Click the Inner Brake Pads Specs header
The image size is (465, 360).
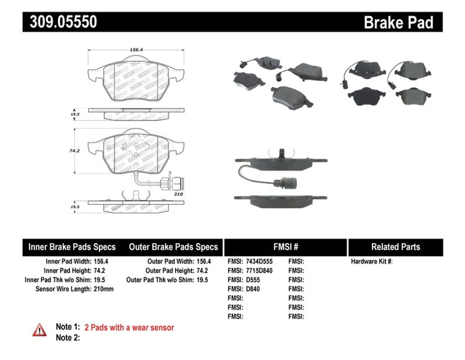[72, 247]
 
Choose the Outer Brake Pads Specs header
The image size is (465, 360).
[173, 247]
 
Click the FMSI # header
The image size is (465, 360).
[285, 247]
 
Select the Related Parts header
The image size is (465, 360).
[395, 247]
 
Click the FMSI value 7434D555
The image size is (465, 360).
[260, 261]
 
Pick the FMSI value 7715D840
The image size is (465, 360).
[260, 270]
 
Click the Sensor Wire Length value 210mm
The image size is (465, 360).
[104, 289]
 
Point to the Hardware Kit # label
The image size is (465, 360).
[371, 261]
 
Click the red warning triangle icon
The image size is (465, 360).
[39, 330]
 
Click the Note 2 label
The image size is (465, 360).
[67, 337]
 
